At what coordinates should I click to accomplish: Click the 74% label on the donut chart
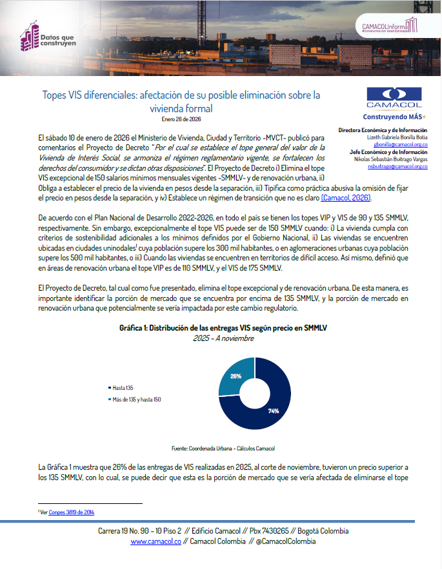[x=274, y=411]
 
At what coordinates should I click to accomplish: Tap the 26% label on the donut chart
[x=236, y=376]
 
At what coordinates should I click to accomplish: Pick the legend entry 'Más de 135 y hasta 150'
[x=137, y=400]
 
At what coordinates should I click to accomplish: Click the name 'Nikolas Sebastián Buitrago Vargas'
[x=391, y=159]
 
